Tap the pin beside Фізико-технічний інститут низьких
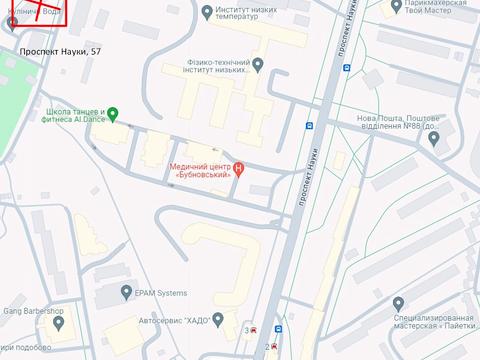point(258,65)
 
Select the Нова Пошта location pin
point(434,138)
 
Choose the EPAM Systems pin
point(125,293)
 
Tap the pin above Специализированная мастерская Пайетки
point(398,303)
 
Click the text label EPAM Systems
point(160,293)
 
